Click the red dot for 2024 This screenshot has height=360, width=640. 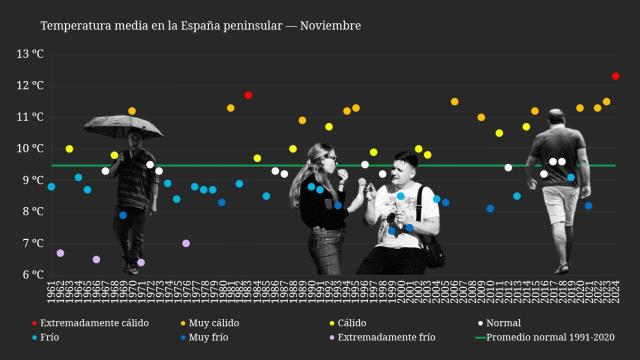(x=615, y=76)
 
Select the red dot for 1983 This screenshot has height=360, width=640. (x=248, y=95)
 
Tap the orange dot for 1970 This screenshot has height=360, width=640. (x=132, y=111)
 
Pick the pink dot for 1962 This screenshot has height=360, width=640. (x=60, y=253)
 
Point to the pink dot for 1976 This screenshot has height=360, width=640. (x=186, y=243)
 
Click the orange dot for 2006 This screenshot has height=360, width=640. (x=454, y=102)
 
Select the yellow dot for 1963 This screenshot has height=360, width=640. (x=69, y=149)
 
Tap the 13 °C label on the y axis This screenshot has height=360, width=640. (x=31, y=53)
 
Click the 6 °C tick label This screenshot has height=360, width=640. (x=34, y=274)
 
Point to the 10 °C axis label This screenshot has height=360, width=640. (x=31, y=148)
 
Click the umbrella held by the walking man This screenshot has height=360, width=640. (x=123, y=124)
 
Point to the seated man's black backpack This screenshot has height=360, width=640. (x=432, y=244)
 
